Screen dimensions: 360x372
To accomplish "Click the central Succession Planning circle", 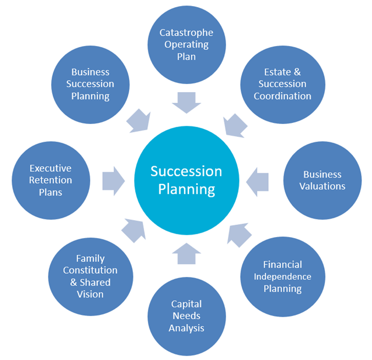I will point(186,180).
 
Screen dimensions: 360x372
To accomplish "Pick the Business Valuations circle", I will point(322,180).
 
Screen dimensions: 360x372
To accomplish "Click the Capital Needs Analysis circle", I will point(187,316).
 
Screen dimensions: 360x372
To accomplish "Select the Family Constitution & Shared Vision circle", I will point(91,276).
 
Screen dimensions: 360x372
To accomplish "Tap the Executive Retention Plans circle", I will point(51,180).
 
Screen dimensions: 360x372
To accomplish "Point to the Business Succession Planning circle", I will point(91,84).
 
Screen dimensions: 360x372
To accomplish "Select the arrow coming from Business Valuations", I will point(257,180).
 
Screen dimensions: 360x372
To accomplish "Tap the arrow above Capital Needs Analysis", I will point(186,253).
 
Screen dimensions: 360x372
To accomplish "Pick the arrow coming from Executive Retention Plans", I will point(114,180).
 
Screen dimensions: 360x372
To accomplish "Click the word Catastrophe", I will point(186,33).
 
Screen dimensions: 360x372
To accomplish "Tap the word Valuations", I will point(323,186).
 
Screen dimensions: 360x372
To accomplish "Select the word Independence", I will point(282,276).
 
